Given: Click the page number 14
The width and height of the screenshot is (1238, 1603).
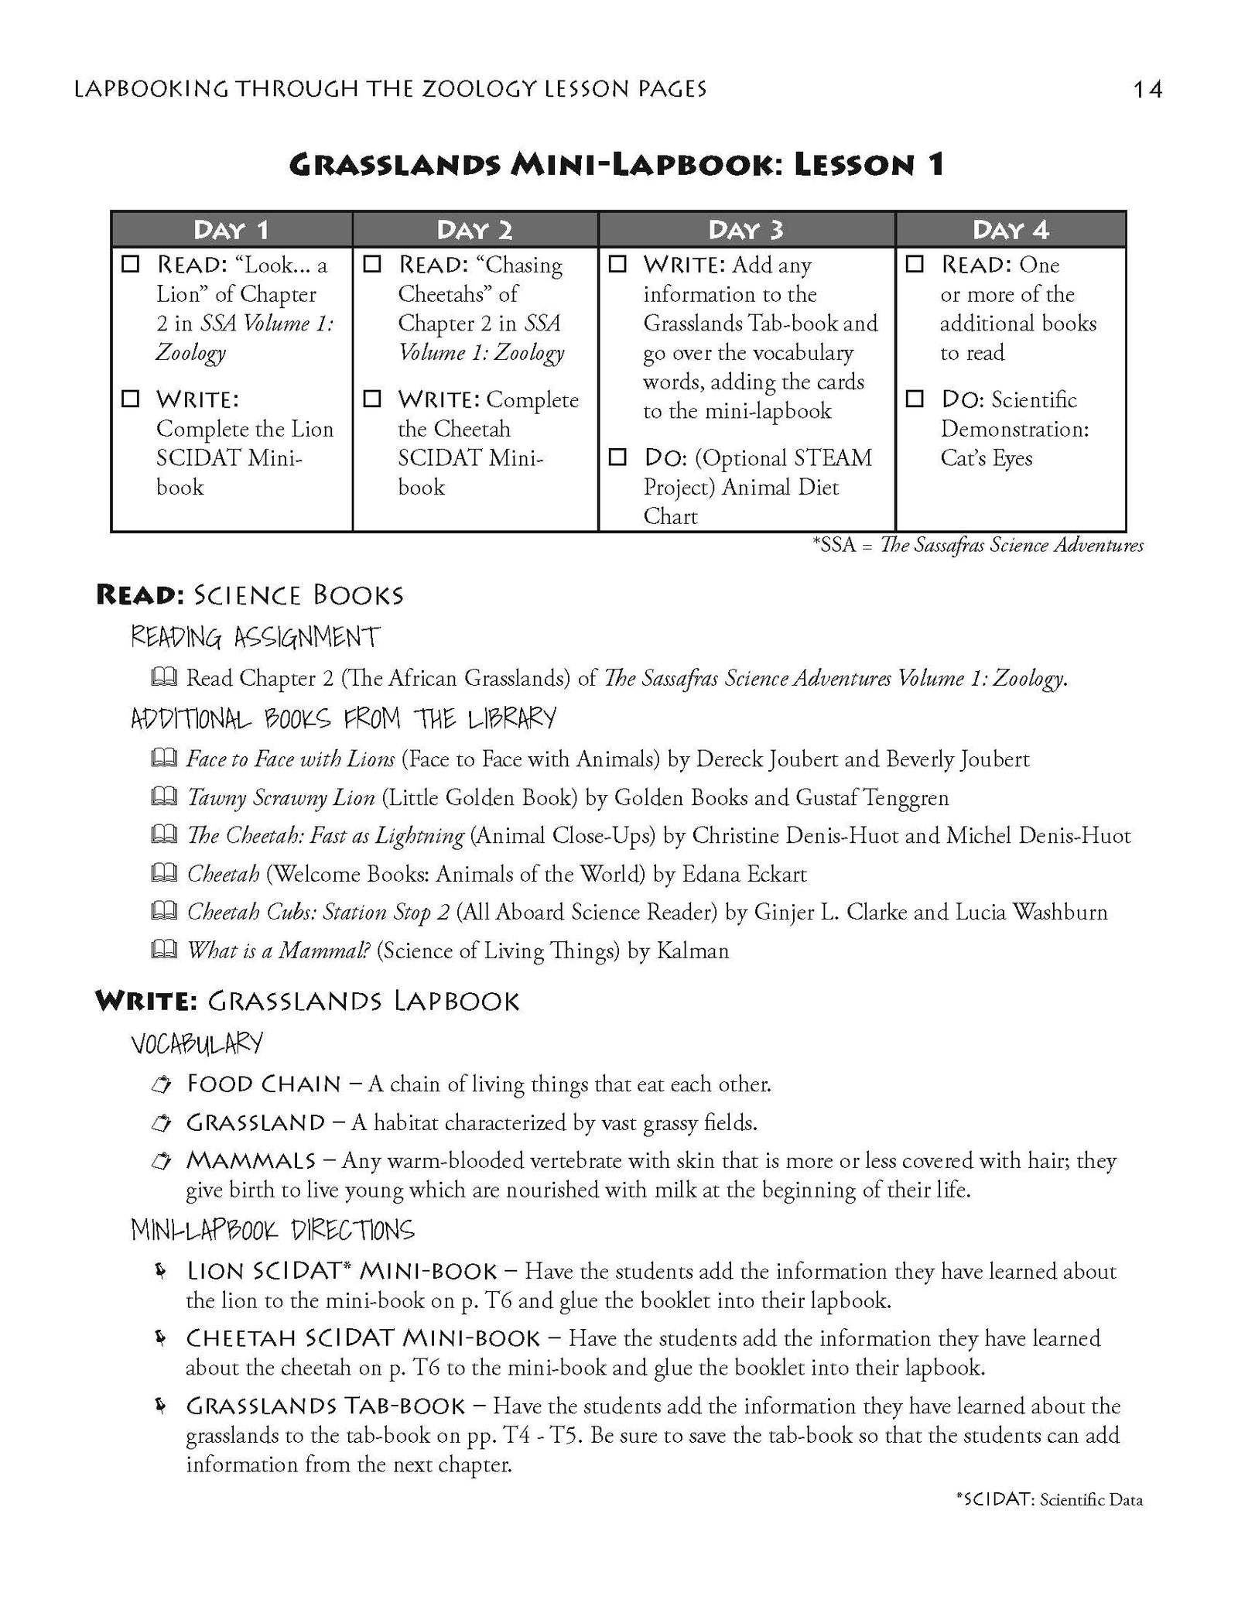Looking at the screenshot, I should pyautogui.click(x=1147, y=90).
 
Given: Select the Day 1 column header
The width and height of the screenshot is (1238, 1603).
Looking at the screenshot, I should pyautogui.click(x=231, y=230).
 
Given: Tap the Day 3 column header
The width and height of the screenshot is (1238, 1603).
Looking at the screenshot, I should pyautogui.click(x=746, y=230).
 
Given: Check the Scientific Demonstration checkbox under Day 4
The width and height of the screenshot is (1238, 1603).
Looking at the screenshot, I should pyautogui.click(x=915, y=399).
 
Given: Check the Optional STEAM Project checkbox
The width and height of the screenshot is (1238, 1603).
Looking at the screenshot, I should pyautogui.click(x=617, y=457).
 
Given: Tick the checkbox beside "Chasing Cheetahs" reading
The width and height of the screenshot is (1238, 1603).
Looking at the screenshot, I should pyautogui.click(x=373, y=265).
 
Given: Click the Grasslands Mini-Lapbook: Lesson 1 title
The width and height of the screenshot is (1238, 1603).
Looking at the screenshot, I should pyautogui.click(x=617, y=165).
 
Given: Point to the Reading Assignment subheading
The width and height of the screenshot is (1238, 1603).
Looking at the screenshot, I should pyautogui.click(x=255, y=637).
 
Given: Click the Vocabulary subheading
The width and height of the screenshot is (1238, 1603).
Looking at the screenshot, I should pyautogui.click(x=197, y=1043).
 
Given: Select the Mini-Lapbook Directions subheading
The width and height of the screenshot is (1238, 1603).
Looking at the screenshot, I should pyautogui.click(x=272, y=1230).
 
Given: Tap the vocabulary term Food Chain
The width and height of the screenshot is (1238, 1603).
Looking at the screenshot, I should pyautogui.click(x=264, y=1084).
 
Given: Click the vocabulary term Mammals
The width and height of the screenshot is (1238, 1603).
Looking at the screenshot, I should pyautogui.click(x=251, y=1160).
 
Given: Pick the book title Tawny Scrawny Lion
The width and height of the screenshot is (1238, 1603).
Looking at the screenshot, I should pyautogui.click(x=281, y=797).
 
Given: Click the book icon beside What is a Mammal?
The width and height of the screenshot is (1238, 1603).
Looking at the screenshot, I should pyautogui.click(x=164, y=950).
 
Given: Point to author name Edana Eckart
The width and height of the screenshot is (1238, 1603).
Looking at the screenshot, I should pyautogui.click(x=744, y=874).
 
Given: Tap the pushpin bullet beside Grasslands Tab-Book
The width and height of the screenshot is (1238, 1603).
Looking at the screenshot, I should pyautogui.click(x=161, y=1405).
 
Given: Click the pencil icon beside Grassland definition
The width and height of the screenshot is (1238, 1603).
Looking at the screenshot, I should pyautogui.click(x=161, y=1122).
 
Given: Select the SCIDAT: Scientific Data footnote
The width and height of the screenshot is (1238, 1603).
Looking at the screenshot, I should pyautogui.click(x=1048, y=1521).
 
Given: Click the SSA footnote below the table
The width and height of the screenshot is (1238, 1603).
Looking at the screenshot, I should pyautogui.click(x=977, y=546).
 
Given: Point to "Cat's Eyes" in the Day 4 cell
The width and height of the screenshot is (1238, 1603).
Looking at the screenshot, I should pyautogui.click(x=986, y=457).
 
